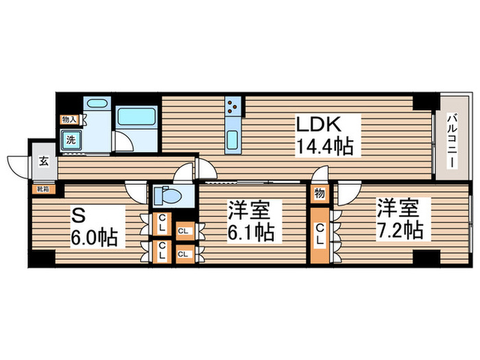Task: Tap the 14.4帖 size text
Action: (x=325, y=146)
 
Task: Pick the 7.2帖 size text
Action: (x=400, y=230)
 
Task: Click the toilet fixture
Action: (x=167, y=196)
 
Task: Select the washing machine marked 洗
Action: (x=71, y=140)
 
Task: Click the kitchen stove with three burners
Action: (x=234, y=108)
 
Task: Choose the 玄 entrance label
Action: (x=43, y=162)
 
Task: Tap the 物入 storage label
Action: (x=69, y=120)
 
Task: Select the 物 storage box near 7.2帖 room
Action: (x=319, y=193)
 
